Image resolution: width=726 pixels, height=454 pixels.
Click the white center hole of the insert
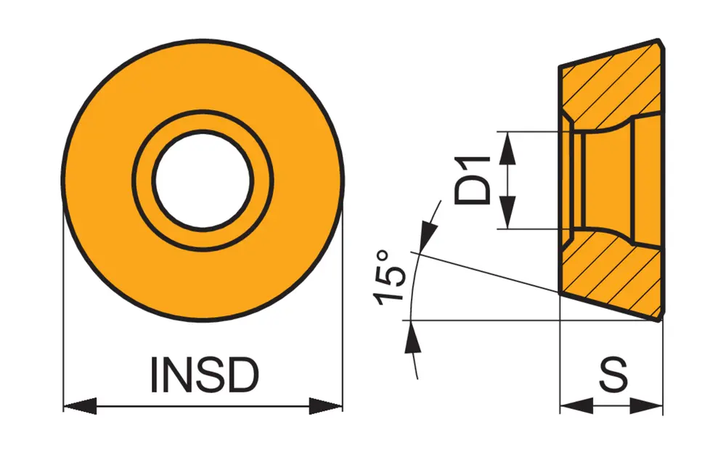[x=203, y=181]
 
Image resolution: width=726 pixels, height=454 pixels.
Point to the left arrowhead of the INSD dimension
[x=80, y=406]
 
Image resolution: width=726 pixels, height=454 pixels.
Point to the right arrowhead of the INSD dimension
[x=326, y=406]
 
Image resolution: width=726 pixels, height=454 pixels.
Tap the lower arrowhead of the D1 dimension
[x=509, y=214]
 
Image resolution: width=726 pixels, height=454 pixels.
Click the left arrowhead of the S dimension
[x=576, y=406]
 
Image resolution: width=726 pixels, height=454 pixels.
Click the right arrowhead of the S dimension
[x=647, y=406]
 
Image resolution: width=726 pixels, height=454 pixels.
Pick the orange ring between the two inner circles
[x=203, y=123]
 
